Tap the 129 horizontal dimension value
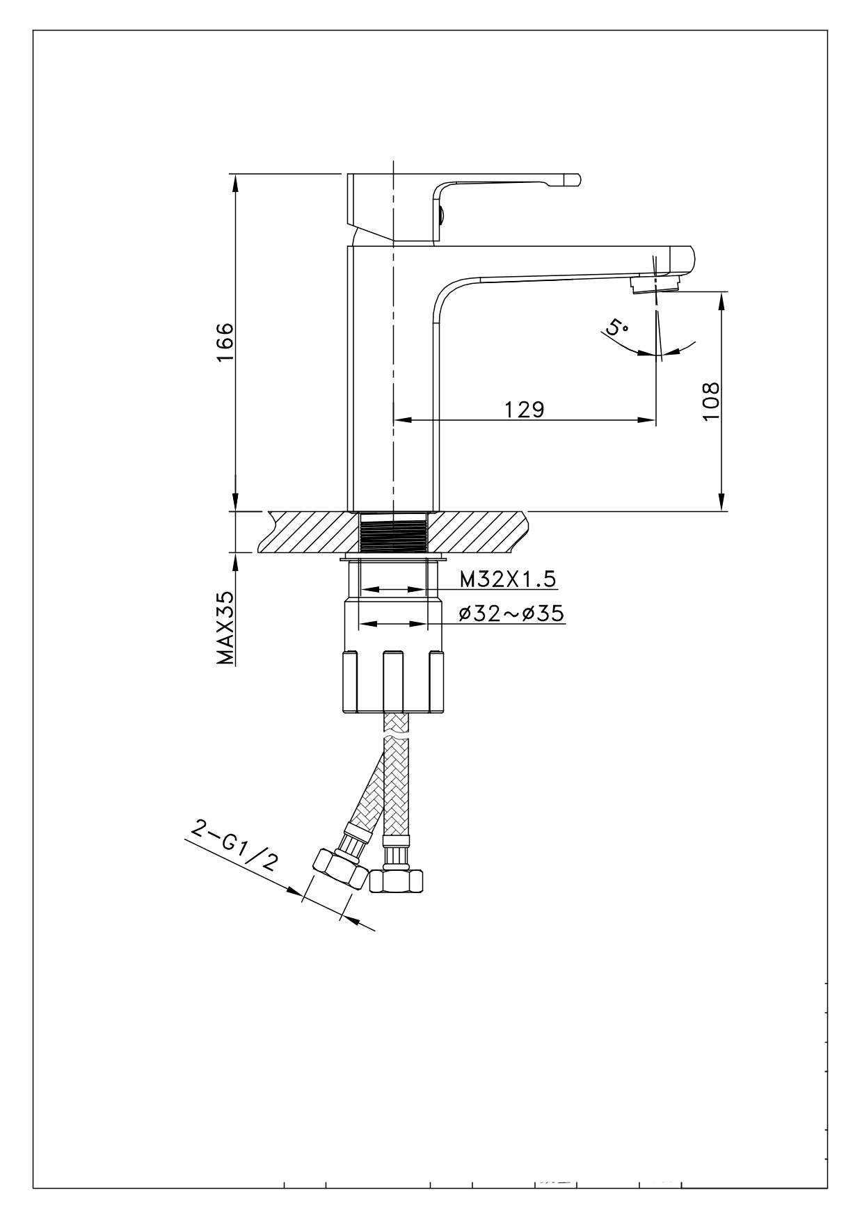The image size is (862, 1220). pyautogui.click(x=524, y=409)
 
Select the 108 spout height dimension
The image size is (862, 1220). pyautogui.click(x=711, y=401)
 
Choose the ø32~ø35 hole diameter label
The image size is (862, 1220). pyautogui.click(x=511, y=613)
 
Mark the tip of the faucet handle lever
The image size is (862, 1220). pyautogui.click(x=572, y=179)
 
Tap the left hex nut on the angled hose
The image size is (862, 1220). pyautogui.click(x=340, y=869)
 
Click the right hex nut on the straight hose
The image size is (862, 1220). pyautogui.click(x=396, y=881)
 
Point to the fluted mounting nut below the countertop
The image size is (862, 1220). pyautogui.click(x=393, y=682)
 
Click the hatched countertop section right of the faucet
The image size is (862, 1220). pyautogui.click(x=480, y=532)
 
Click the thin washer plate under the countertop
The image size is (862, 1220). pyautogui.click(x=393, y=558)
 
